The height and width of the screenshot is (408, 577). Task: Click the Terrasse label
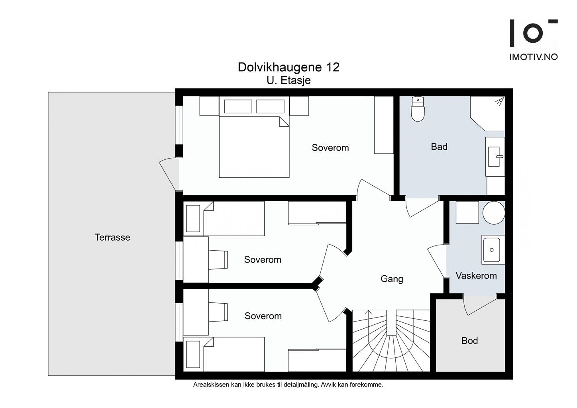(112, 237)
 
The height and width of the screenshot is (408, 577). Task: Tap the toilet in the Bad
(418, 109)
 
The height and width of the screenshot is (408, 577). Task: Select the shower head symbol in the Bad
(500, 102)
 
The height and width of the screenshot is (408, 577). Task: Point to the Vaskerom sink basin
(491, 249)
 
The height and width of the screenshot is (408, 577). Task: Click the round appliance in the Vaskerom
(494, 213)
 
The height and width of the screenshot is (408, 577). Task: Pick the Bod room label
(469, 341)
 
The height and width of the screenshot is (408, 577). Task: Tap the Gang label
(392, 279)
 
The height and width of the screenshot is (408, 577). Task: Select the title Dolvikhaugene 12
(288, 67)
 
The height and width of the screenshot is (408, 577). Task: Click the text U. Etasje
(288, 80)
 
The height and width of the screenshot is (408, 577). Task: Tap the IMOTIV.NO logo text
(534, 57)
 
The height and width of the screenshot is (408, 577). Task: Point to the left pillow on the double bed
(238, 106)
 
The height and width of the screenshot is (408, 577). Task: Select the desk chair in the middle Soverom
(218, 260)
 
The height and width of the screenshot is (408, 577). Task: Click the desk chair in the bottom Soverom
(218, 312)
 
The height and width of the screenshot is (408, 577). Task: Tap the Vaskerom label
(476, 276)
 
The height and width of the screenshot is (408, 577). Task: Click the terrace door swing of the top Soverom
(169, 174)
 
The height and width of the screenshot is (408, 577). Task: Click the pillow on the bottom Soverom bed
(193, 355)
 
